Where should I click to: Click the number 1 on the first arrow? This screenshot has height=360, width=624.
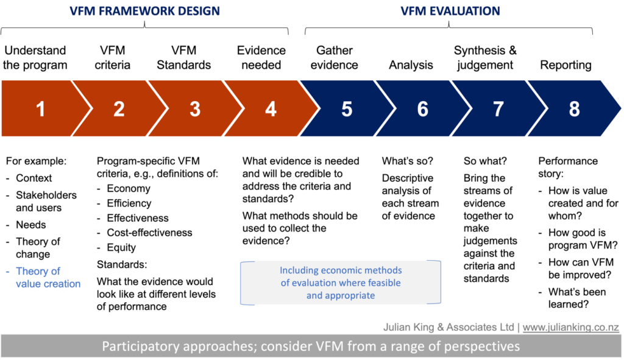(40, 109)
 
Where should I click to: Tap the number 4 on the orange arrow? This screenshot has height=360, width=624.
(271, 109)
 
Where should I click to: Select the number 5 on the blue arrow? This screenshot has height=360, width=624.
(347, 109)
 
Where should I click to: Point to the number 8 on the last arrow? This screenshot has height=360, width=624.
(574, 109)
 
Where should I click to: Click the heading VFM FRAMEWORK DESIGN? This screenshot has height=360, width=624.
(145, 11)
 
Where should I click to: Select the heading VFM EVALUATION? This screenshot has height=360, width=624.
(450, 11)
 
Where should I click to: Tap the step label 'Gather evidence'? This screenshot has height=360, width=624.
(335, 58)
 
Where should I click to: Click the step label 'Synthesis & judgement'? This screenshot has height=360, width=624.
(485, 58)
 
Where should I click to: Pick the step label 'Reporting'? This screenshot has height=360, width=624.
(565, 65)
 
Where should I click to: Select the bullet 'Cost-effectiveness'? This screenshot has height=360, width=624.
(149, 233)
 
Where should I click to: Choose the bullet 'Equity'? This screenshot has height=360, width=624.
(121, 247)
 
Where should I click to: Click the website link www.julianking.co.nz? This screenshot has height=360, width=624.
(570, 327)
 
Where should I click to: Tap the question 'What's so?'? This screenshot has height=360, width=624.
(408, 161)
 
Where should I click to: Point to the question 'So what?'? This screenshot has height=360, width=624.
(485, 161)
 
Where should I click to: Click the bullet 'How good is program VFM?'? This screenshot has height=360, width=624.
(583, 239)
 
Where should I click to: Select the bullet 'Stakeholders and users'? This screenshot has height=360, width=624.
(46, 201)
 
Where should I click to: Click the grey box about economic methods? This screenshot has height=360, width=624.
(341, 283)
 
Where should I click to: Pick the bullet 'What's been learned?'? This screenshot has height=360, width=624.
(577, 298)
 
